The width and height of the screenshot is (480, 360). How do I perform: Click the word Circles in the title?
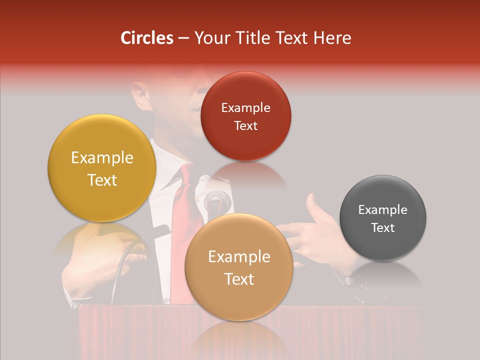[x=147, y=38]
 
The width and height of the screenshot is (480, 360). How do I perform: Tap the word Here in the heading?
[x=332, y=38]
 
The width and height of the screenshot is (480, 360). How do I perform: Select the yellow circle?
[x=102, y=168]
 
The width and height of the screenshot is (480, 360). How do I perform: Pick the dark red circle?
[x=245, y=116]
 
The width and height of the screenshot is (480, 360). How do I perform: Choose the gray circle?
[x=383, y=218]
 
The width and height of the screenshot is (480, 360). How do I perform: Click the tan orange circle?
[x=239, y=267]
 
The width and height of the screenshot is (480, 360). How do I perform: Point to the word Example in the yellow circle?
[x=102, y=158]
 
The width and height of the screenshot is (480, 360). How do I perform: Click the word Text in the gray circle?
[x=383, y=227]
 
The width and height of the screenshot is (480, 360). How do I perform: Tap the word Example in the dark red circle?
[x=245, y=107]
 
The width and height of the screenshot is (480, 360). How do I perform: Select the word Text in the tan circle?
[x=239, y=279]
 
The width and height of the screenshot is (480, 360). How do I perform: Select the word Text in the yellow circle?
[x=102, y=180]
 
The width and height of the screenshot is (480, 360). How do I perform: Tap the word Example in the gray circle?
[x=383, y=210]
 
